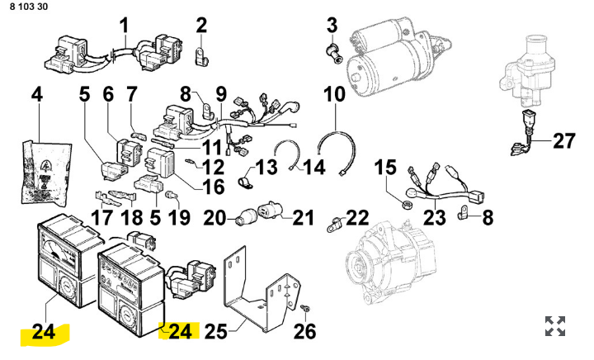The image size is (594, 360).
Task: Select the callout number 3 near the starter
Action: (x=332, y=24)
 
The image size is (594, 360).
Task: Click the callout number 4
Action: (x=36, y=97)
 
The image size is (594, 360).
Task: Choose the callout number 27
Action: (x=563, y=141)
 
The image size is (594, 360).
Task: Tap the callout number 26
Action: (x=304, y=332)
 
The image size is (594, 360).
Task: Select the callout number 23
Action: (x=434, y=219)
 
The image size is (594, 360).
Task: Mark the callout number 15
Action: (x=386, y=168)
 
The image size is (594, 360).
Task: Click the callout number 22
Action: (x=357, y=217)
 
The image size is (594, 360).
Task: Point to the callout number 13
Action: (x=266, y=168)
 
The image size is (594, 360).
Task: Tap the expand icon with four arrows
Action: (x=555, y=325)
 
